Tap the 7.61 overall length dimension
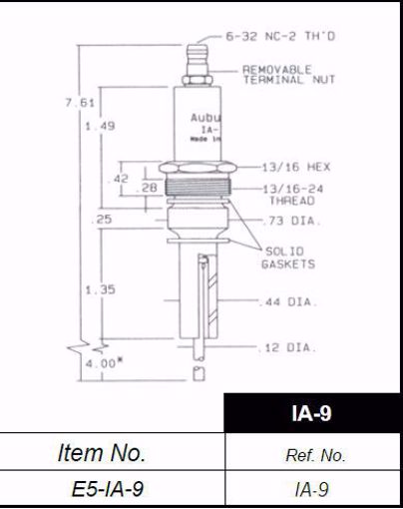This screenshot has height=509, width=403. [x=91, y=104]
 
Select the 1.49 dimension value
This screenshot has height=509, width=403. [x=101, y=127]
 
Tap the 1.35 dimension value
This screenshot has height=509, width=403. [x=101, y=289]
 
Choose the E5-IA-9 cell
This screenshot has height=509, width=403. [x=114, y=490]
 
